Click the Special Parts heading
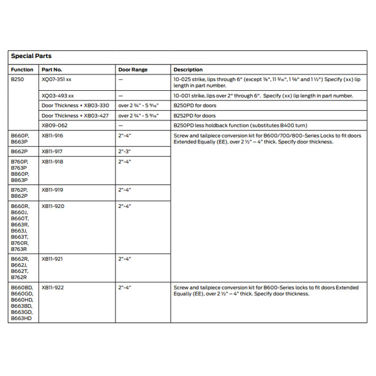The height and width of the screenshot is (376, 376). click(x=31, y=56)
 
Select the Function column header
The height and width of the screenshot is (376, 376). click(x=22, y=70)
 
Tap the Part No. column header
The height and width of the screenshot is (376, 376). click(x=52, y=70)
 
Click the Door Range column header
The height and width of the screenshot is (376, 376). click(x=133, y=70)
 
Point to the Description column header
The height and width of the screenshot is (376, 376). click(x=188, y=70)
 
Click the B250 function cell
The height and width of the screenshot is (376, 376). click(x=17, y=79)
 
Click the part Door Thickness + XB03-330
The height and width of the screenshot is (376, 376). click(x=75, y=106)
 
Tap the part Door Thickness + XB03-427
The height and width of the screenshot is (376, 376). click(x=75, y=115)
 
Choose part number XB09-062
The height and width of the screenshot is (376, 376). click(x=55, y=125)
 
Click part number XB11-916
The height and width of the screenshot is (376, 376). click(x=53, y=136)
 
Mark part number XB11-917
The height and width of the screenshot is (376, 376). click(x=53, y=151)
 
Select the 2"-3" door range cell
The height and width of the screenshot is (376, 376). click(x=125, y=151)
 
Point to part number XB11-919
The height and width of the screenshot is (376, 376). click(x=53, y=190)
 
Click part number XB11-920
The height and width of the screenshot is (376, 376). click(x=53, y=206)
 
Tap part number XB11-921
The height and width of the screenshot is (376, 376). click(x=53, y=259)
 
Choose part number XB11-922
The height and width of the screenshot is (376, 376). click(x=53, y=288)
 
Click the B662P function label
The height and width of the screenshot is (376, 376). click(x=19, y=151)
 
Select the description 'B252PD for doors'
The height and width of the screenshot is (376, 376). click(x=194, y=115)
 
